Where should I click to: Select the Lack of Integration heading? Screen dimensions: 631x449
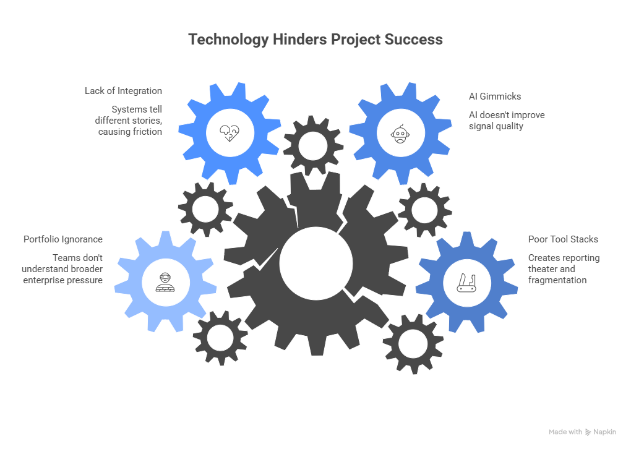click(x=123, y=91)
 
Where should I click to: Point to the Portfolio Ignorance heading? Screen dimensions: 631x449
click(x=63, y=239)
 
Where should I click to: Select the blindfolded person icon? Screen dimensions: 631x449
click(x=164, y=282)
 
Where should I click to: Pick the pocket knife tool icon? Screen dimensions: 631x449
click(x=465, y=282)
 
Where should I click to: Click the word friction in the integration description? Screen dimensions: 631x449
click(x=148, y=132)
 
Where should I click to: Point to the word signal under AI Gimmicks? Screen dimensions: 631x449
click(x=480, y=126)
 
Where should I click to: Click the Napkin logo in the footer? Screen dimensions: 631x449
click(x=600, y=432)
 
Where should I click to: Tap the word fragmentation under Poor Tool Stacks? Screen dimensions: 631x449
click(x=557, y=280)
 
